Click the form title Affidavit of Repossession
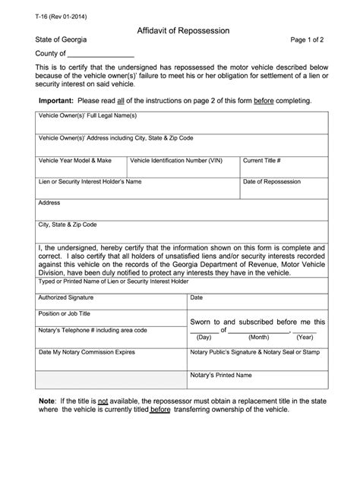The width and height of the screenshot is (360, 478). pos(183,30)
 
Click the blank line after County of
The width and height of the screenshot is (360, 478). pos(102,55)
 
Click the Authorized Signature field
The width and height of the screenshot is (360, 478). pos(110,303)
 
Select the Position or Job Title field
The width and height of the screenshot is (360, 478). pos(110,319)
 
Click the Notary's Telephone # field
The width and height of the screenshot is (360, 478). pos(110,337)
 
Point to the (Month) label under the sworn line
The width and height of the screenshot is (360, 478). pos(258,337)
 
